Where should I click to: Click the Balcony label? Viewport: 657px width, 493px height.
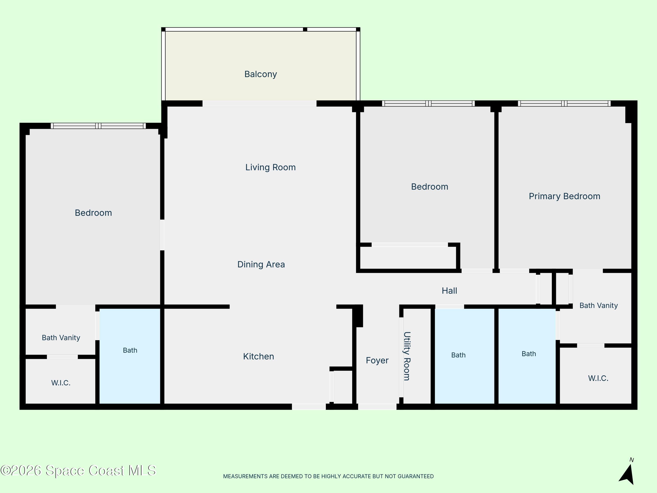click(260, 74)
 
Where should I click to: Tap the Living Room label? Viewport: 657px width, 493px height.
click(270, 167)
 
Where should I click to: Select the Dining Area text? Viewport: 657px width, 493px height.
click(261, 264)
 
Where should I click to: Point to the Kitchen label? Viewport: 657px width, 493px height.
click(258, 356)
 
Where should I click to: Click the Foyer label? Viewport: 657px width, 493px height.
click(377, 360)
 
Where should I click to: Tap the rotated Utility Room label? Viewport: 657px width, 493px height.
click(407, 356)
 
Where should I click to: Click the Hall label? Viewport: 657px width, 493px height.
click(449, 291)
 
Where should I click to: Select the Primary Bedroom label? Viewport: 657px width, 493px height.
click(564, 196)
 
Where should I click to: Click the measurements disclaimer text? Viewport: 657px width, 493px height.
click(328, 476)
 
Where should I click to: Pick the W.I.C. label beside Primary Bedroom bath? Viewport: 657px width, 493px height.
click(598, 378)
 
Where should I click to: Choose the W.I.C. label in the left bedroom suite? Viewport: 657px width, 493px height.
click(61, 383)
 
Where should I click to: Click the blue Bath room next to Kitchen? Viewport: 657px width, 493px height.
click(130, 356)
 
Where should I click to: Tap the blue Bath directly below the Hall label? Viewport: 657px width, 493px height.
click(464, 356)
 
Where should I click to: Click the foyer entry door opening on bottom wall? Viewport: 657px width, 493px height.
click(377, 406)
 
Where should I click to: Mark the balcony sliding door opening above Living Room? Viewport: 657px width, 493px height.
click(260, 103)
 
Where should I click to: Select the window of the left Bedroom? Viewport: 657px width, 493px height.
click(98, 126)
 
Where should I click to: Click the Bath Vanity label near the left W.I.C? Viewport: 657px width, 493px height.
click(61, 338)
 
